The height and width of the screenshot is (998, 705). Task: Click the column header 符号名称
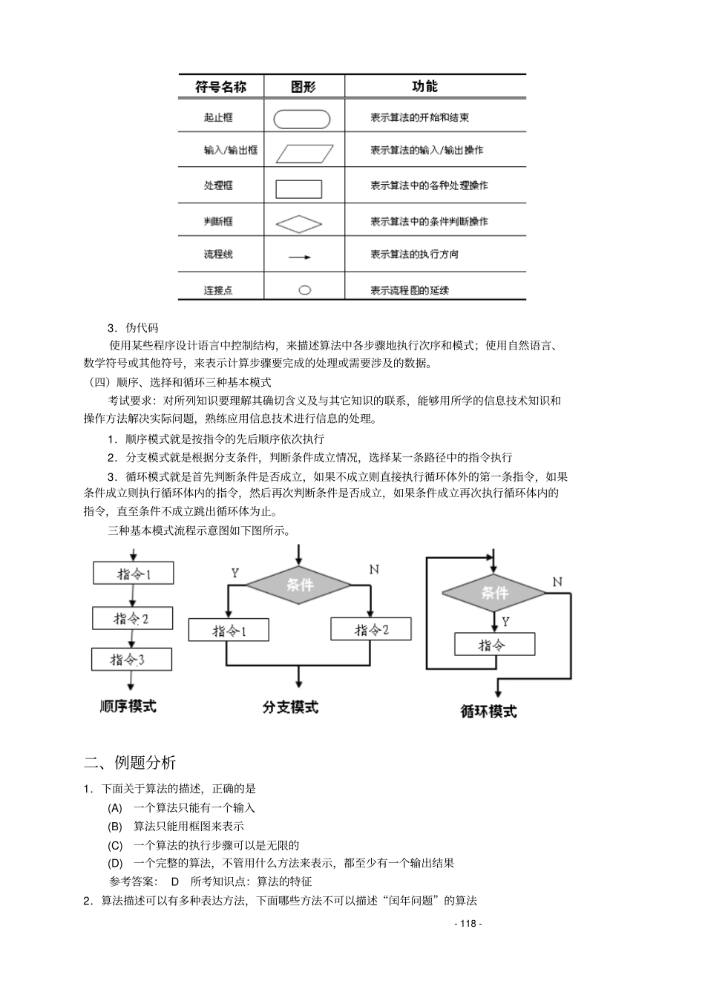pyautogui.click(x=220, y=87)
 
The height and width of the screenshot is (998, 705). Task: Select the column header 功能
pyautogui.click(x=424, y=87)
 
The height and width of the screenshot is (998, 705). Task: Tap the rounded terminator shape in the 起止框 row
pyautogui.click(x=302, y=119)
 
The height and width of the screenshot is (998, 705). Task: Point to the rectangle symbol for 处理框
pyautogui.click(x=299, y=188)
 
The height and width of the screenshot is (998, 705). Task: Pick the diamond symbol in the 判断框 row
pyautogui.click(x=299, y=223)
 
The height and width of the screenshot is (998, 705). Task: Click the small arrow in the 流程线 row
pyautogui.click(x=300, y=257)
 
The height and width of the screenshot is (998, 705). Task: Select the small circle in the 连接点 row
pyautogui.click(x=304, y=290)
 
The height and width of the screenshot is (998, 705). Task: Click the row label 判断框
pyautogui.click(x=218, y=221)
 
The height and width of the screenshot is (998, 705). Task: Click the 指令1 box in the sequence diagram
pyautogui.click(x=134, y=573)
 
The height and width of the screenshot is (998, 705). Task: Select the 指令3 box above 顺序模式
pyautogui.click(x=131, y=659)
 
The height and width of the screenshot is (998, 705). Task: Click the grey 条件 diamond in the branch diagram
pyautogui.click(x=298, y=585)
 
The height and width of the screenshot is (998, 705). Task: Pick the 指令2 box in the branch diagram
pyautogui.click(x=371, y=630)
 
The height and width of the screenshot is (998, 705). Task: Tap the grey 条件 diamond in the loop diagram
pyautogui.click(x=494, y=592)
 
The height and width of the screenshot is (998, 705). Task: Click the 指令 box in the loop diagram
pyautogui.click(x=494, y=644)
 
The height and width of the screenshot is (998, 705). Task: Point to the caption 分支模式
pyautogui.click(x=290, y=707)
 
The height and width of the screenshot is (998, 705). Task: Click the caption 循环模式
pyautogui.click(x=488, y=711)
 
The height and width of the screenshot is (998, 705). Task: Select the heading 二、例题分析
pyautogui.click(x=130, y=762)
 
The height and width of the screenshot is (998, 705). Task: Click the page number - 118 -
pyautogui.click(x=468, y=923)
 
